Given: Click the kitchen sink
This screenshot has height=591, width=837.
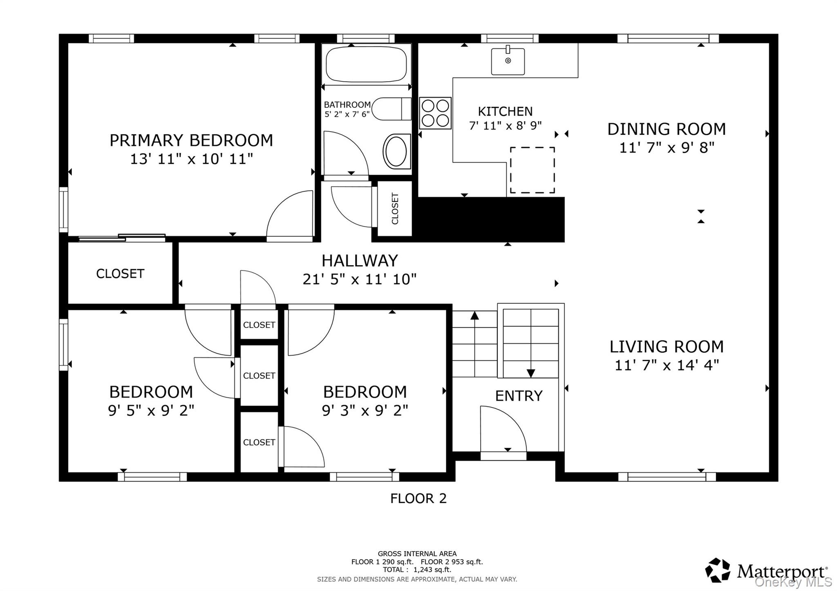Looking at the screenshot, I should pyautogui.click(x=508, y=61).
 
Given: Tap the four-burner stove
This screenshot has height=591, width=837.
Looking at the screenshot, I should pyautogui.click(x=435, y=113).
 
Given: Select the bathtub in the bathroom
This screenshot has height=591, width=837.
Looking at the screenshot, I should pyautogui.click(x=367, y=65).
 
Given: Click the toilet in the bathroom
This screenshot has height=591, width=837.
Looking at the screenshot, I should pyautogui.click(x=392, y=109).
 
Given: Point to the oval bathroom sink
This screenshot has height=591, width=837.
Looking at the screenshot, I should pyautogui.click(x=396, y=151).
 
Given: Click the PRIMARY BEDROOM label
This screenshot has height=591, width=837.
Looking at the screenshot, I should pyautogui.click(x=191, y=141).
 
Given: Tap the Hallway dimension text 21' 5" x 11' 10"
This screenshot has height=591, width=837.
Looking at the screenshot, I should pyautogui.click(x=359, y=279).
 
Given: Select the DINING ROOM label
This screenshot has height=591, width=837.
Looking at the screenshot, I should pyautogui.click(x=666, y=129).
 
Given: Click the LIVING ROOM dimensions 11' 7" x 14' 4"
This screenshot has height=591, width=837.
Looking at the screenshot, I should pyautogui.click(x=667, y=365).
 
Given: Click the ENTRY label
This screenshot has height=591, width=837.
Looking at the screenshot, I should pyautogui.click(x=519, y=396).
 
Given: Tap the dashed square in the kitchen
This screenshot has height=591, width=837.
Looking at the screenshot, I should pyautogui.click(x=532, y=170).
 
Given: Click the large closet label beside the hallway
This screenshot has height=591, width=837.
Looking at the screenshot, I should pyautogui.click(x=120, y=274).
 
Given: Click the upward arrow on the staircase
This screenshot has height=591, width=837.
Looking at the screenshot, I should pyautogui.click(x=474, y=316).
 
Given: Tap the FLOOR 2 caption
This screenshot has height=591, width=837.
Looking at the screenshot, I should pyautogui.click(x=418, y=499).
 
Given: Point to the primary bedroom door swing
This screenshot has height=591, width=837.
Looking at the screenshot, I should pyautogui.click(x=289, y=214).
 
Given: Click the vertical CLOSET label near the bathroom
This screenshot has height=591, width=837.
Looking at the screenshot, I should pyautogui.click(x=395, y=209).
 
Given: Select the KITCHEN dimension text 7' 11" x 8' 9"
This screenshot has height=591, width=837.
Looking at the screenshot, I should pyautogui.click(x=505, y=125).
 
